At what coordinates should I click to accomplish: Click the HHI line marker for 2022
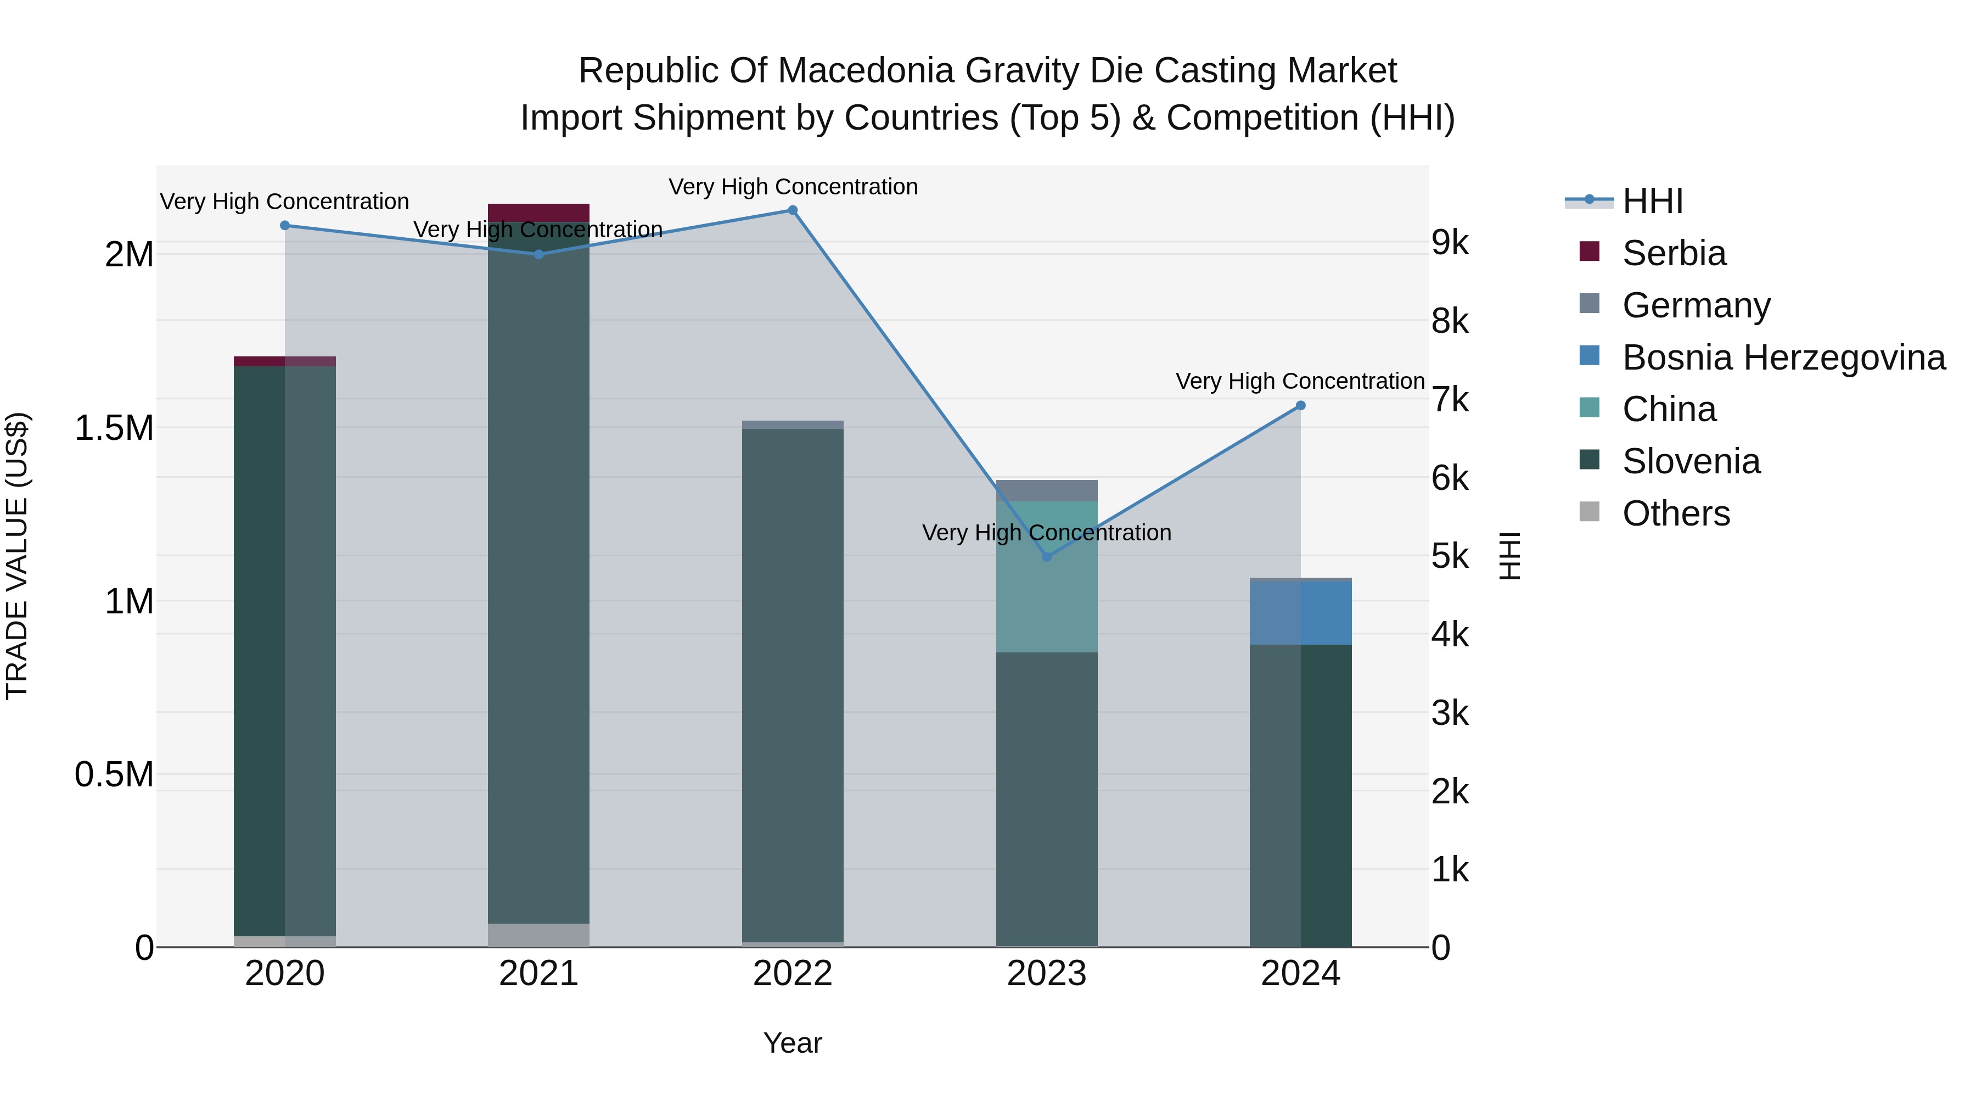[x=793, y=210]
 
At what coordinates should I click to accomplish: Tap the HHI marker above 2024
[x=1300, y=405]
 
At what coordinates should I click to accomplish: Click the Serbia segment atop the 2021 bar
[x=538, y=213]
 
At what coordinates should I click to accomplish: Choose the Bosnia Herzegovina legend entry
[x=1783, y=357]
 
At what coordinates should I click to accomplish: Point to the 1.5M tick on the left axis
[x=114, y=428]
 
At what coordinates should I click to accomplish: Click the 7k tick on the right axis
[x=1450, y=400]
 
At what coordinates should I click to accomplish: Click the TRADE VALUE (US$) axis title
[x=17, y=556]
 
